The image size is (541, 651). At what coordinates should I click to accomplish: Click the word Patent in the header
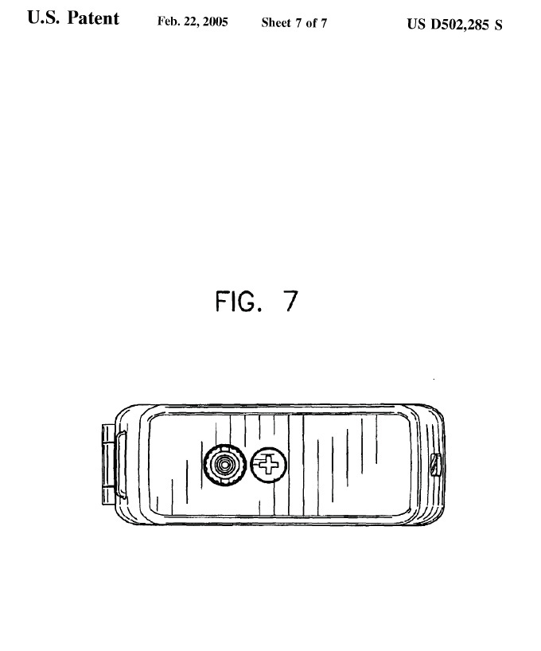93,18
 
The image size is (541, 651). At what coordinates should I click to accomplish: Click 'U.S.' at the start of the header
44,18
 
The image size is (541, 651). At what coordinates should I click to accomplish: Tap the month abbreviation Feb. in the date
169,21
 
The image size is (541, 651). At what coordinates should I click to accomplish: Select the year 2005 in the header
215,21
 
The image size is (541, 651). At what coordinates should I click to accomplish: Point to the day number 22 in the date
191,21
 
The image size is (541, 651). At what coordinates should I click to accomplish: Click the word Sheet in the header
276,23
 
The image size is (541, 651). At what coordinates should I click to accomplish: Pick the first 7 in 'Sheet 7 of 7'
298,23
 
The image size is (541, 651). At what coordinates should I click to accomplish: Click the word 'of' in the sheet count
311,23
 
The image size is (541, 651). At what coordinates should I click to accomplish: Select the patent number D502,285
460,25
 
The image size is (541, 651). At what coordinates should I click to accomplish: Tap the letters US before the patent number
416,24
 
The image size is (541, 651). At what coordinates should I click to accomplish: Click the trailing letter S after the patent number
498,25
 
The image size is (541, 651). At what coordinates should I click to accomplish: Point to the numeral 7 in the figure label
290,301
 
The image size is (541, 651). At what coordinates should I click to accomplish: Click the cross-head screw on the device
269,465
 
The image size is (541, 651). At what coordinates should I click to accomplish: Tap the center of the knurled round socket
224,465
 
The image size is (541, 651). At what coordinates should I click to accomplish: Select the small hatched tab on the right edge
435,466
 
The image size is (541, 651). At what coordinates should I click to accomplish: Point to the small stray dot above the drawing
434,379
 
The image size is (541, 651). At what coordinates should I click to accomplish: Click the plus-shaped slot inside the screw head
268,465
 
